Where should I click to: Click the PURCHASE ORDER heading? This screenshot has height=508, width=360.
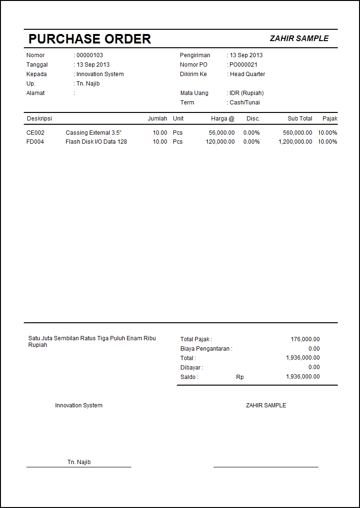click(90, 39)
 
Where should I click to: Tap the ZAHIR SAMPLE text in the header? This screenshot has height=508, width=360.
click(299, 39)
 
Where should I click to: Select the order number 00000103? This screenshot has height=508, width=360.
click(90, 55)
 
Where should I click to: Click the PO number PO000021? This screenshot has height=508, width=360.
click(243, 65)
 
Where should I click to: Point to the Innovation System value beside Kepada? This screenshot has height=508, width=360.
click(100, 74)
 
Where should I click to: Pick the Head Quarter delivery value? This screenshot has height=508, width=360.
click(248, 74)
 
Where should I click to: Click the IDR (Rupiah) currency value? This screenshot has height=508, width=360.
click(247, 93)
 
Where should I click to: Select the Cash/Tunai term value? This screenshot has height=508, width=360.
click(245, 103)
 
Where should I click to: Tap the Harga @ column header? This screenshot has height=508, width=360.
click(223, 119)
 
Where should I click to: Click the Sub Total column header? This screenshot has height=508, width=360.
click(300, 119)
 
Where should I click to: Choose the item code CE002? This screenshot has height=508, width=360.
click(35, 133)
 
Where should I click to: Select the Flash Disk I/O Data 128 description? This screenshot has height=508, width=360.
click(96, 142)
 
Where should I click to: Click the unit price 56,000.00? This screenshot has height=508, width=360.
click(222, 133)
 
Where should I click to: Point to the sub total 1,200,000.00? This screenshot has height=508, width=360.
click(295, 142)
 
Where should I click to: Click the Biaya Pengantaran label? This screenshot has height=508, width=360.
click(206, 349)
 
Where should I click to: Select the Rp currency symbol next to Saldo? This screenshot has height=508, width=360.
click(240, 377)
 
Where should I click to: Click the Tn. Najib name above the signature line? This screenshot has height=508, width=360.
click(79, 462)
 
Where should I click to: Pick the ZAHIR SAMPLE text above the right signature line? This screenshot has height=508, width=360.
click(266, 405)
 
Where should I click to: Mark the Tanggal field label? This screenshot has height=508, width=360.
click(37, 65)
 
